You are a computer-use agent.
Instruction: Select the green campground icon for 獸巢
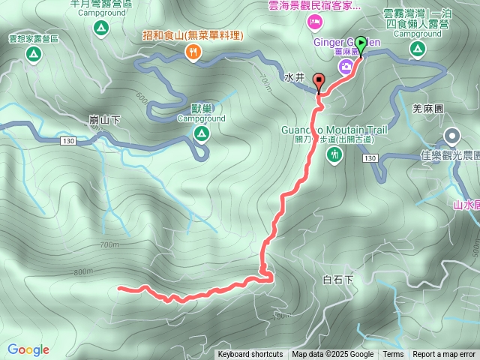tap(201, 133)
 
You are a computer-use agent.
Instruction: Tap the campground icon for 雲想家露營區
tap(32, 54)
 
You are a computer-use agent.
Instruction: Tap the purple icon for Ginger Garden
tap(346, 67)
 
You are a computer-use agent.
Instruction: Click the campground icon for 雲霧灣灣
tap(418, 49)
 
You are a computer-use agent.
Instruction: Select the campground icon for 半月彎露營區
tap(100, 28)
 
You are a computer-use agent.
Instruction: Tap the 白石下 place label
tap(337, 280)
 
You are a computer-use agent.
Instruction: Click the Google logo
tap(28, 349)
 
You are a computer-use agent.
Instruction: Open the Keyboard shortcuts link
tap(250, 355)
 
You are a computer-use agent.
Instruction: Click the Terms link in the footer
tap(393, 355)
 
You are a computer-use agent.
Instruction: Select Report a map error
tap(444, 355)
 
